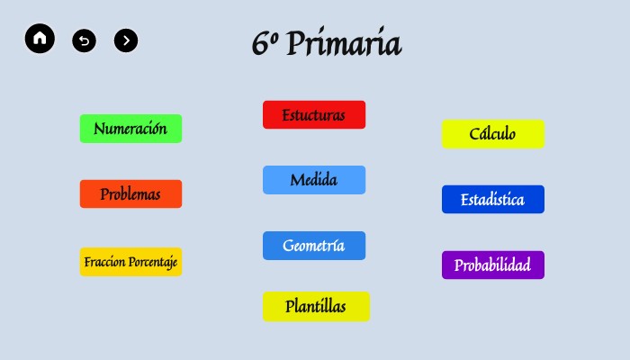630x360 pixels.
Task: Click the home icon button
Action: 40,39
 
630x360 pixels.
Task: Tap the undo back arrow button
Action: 84,40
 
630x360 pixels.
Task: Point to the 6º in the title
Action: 264,43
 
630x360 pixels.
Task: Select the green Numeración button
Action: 130,129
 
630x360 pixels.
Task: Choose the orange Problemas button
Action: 130,193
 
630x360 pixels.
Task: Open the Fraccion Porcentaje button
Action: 130,262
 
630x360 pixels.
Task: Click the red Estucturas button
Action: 314,115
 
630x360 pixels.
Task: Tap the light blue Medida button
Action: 314,180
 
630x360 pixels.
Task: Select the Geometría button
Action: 314,246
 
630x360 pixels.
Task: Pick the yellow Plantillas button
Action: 316,306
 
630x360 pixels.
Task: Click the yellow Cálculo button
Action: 493,134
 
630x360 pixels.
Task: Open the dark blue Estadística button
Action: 493,200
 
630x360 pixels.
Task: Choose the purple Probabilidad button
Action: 493,265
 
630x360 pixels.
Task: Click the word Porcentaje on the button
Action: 151,262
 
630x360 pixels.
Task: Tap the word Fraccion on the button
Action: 103,262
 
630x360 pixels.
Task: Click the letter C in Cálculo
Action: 474,134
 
